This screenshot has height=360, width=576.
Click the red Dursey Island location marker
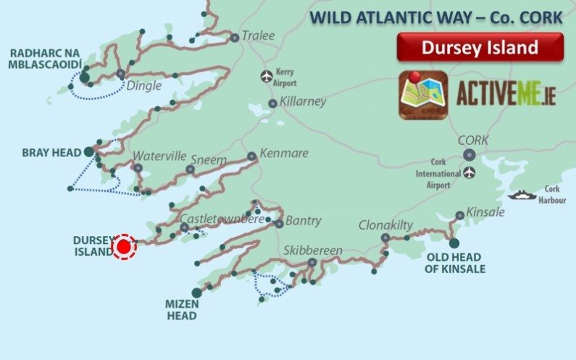point(124,247)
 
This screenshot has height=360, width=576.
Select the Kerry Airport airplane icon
point(267,75)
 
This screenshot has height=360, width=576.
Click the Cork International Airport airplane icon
point(471,172)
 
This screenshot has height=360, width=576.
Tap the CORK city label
point(472,140)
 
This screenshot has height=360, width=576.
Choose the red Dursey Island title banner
point(480,48)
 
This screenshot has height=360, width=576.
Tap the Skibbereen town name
point(312,251)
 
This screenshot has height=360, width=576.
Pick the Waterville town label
point(160,156)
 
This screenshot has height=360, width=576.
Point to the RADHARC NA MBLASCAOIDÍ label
point(44,60)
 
